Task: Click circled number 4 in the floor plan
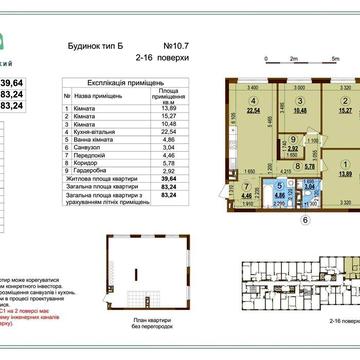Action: coord(254,100)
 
